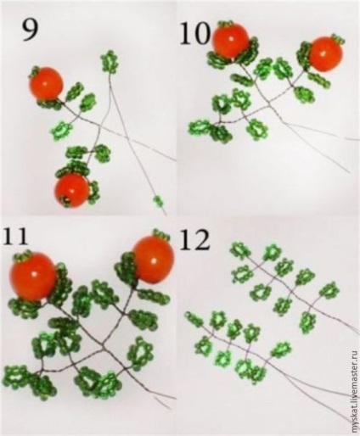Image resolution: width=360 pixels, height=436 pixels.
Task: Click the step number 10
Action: [x=195, y=33]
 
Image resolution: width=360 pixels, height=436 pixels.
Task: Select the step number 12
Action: [x=195, y=239]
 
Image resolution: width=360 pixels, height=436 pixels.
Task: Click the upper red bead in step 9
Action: [x=47, y=84]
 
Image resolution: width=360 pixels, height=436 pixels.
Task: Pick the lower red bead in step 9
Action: [x=72, y=190]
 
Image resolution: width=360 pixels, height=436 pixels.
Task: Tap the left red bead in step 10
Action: [x=231, y=41]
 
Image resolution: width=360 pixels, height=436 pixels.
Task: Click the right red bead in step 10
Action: [x=325, y=54]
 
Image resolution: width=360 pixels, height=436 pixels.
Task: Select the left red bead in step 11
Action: [x=33, y=276]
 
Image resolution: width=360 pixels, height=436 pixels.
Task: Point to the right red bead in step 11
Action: [x=153, y=260]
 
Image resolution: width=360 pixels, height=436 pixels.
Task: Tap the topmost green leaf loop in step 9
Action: [x=110, y=61]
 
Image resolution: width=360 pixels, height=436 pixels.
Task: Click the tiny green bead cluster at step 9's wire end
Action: [x=158, y=201]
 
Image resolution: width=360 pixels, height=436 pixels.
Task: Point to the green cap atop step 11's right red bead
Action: [x=160, y=233]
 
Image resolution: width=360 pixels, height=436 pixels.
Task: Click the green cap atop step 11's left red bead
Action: [x=23, y=255]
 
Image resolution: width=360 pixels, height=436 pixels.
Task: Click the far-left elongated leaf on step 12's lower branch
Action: [x=194, y=319]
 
